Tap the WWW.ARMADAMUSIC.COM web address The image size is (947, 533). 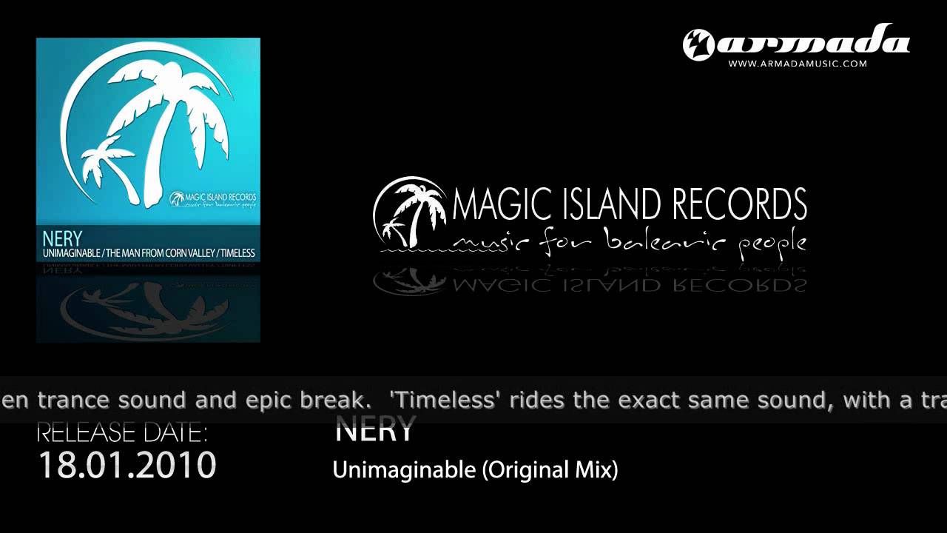click(797, 64)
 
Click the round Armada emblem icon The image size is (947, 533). click(698, 44)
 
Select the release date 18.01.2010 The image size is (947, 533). click(127, 466)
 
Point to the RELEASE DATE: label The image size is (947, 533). click(122, 432)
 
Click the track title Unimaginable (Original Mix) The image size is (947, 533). click(475, 469)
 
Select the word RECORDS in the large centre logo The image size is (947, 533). click(740, 205)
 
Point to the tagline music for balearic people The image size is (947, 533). click(629, 241)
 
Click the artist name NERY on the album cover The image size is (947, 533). click(62, 238)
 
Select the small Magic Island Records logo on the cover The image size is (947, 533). click(213, 199)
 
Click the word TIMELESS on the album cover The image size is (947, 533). click(237, 253)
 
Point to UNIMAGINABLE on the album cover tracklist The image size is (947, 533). click(72, 253)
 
